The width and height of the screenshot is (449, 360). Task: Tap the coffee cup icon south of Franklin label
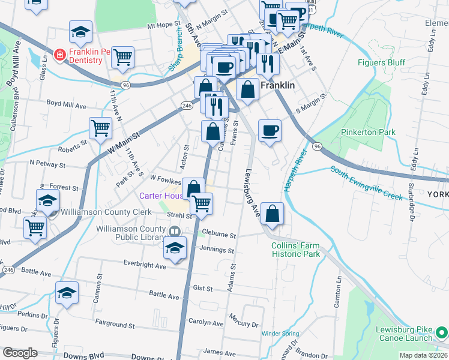[270, 130]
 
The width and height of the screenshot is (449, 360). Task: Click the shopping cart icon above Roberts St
[100, 127]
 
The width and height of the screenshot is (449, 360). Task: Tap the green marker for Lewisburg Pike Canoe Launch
[441, 331]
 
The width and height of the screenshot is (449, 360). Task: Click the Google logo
[20, 353]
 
